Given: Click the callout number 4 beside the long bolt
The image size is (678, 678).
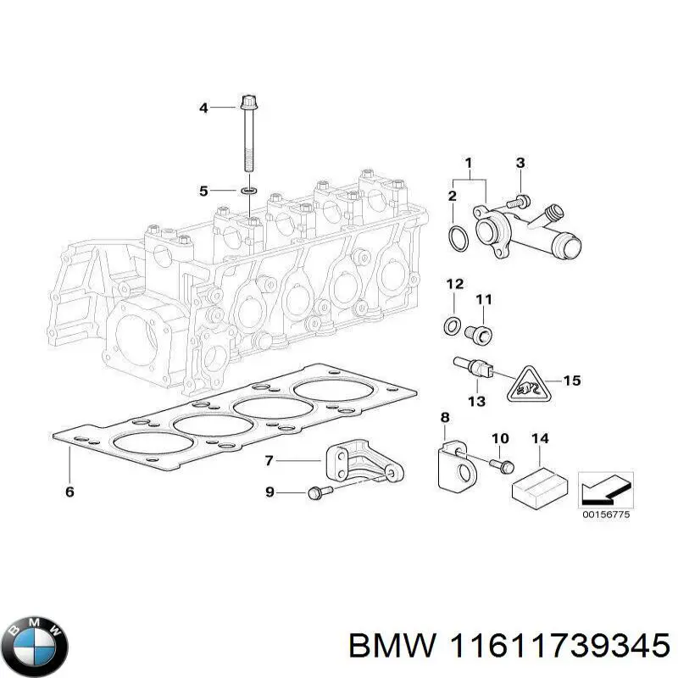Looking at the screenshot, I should [x=203, y=108].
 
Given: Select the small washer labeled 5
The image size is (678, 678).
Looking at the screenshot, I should [x=248, y=192].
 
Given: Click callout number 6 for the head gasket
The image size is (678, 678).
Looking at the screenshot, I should [x=69, y=492].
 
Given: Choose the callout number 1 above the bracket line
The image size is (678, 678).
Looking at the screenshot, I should [x=468, y=163].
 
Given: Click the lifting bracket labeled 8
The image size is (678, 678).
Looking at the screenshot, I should [x=453, y=463].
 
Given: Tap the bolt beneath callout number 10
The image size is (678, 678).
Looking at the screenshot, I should [x=500, y=464].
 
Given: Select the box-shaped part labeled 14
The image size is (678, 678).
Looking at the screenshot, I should [x=539, y=484].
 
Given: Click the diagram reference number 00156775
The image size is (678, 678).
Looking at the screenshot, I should [x=605, y=514].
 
